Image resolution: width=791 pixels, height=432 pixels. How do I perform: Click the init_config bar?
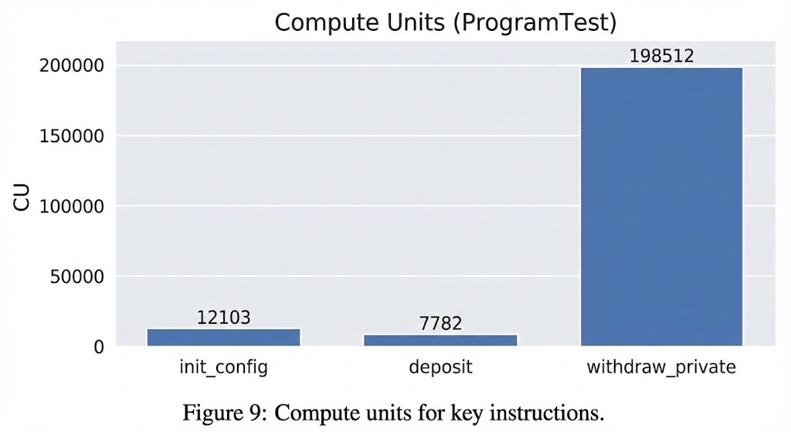tap(223, 337)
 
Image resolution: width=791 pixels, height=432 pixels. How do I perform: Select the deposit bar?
tap(440, 340)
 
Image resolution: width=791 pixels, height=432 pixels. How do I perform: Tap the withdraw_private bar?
tap(661, 206)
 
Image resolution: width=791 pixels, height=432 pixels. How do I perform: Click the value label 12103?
tap(223, 317)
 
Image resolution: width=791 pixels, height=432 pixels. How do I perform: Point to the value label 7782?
tap(440, 323)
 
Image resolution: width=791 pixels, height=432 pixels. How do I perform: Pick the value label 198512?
tap(661, 56)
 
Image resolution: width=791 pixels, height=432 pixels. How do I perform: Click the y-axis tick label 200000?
tap(72, 66)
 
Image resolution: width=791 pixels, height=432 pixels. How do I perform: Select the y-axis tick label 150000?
tap(72, 137)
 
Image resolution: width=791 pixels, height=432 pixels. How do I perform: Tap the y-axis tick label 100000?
tap(72, 206)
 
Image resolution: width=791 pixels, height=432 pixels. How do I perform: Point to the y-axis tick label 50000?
tap(76, 277)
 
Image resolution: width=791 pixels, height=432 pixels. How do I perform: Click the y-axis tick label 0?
tap(98, 347)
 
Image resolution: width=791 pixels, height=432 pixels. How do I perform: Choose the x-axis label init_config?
tap(223, 366)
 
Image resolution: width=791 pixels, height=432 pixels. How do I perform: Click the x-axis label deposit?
tap(440, 366)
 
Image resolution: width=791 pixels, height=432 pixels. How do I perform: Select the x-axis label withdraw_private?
tap(661, 366)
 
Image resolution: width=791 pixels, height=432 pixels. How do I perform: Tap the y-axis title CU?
tap(21, 199)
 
